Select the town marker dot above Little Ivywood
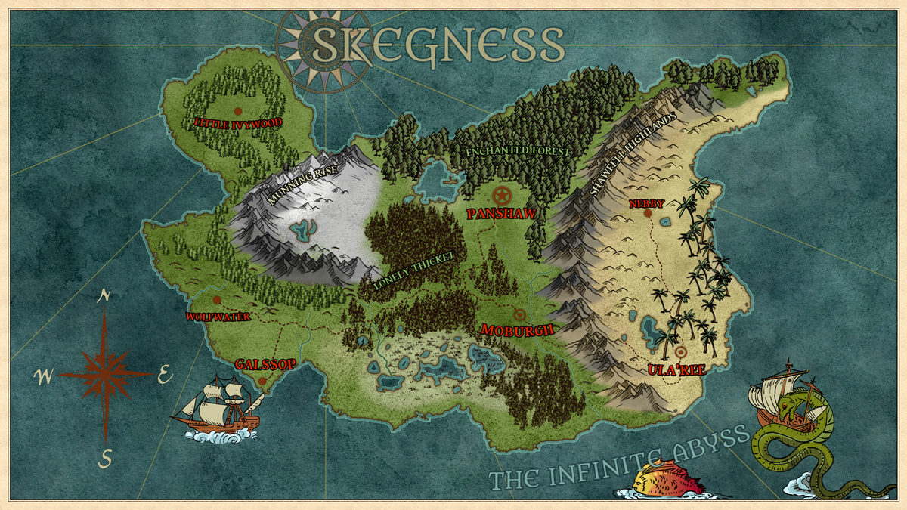tap(237, 110)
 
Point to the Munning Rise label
tap(300, 186)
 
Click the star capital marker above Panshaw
tap(502, 193)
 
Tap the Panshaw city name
tap(502, 214)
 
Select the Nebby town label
tap(647, 203)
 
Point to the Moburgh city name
tap(519, 330)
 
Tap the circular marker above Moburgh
tap(520, 314)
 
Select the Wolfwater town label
tap(218, 317)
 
